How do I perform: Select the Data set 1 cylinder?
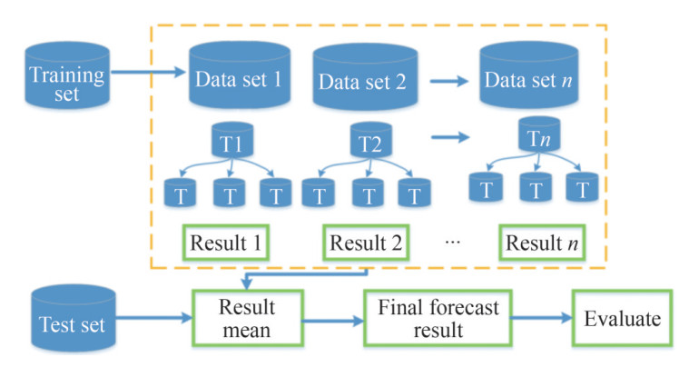[239, 77]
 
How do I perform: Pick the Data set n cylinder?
[529, 77]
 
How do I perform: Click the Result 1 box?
[227, 242]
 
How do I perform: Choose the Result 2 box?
[364, 242]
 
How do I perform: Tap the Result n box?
[542, 242]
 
